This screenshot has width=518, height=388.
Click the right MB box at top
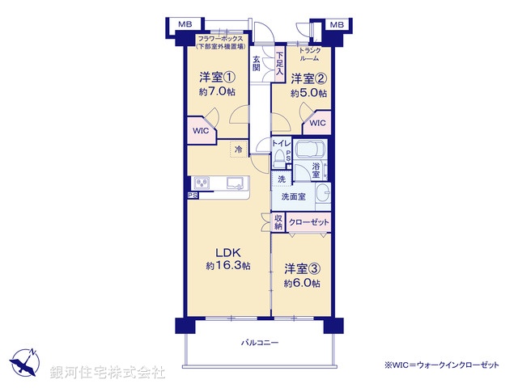[x=337, y=25]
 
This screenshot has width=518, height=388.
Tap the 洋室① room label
[x=217, y=78]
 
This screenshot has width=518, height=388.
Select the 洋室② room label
[x=308, y=78]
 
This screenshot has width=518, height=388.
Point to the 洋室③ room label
[x=301, y=268]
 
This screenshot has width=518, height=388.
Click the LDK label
[x=227, y=251]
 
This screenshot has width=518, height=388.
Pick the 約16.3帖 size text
[x=227, y=265]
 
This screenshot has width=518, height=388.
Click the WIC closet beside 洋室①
[x=201, y=130]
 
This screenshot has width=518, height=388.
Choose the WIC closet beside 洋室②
[x=317, y=123]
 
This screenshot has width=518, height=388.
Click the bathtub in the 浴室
[x=309, y=150]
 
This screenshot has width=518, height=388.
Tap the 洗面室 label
[x=293, y=196]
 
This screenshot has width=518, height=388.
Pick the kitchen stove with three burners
[x=202, y=182]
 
